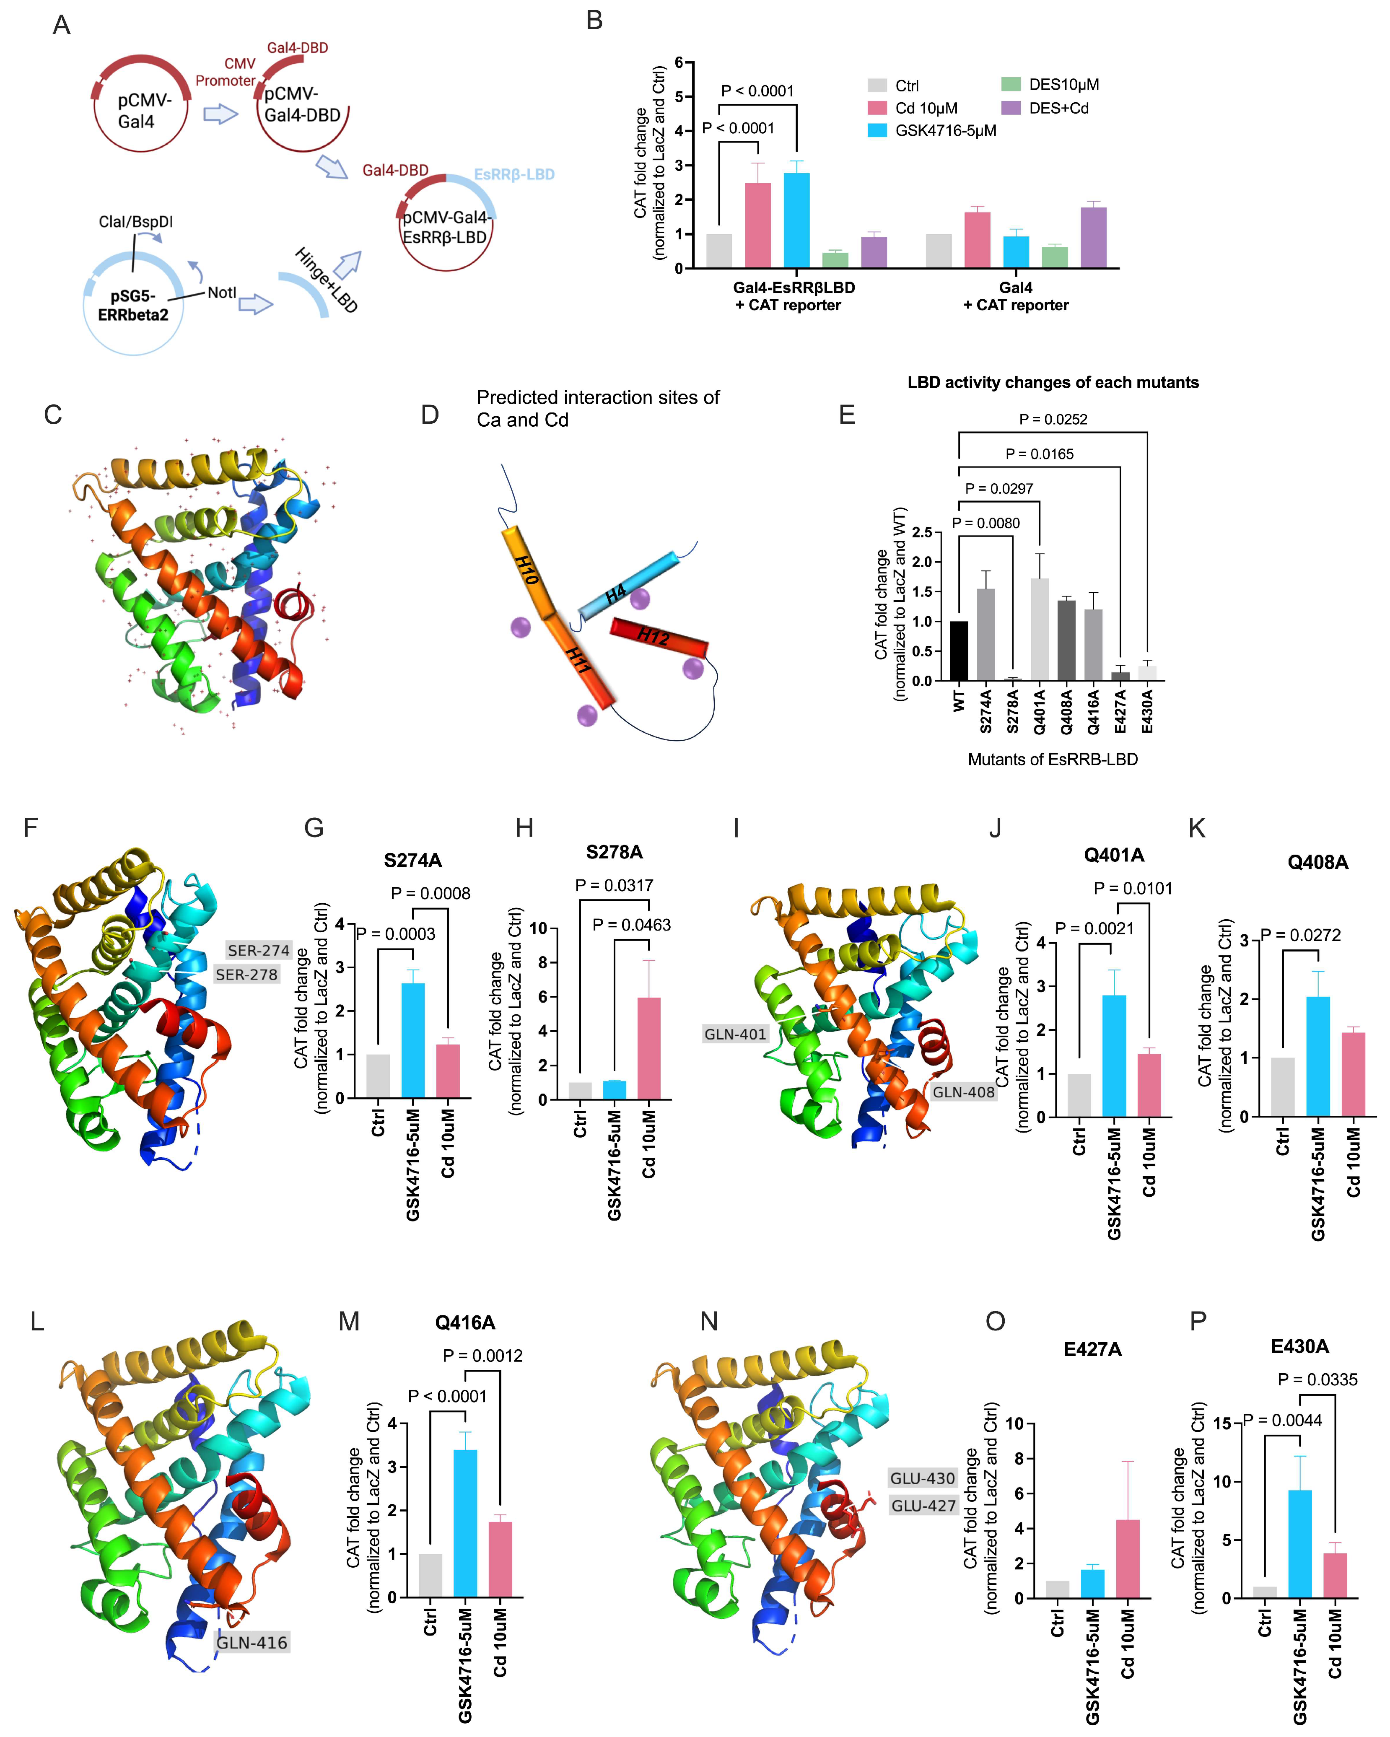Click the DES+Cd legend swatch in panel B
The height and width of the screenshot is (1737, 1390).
click(1011, 108)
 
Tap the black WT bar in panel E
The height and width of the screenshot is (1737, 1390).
click(959, 651)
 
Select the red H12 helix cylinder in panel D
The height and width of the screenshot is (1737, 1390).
click(659, 637)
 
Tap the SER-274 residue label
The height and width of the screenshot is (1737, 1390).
click(258, 951)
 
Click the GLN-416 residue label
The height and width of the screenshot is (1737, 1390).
click(252, 1643)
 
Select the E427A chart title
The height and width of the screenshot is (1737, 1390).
click(1092, 1349)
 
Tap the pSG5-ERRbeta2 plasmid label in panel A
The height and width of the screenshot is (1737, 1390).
click(133, 305)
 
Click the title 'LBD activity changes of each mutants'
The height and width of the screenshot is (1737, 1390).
click(1053, 383)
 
